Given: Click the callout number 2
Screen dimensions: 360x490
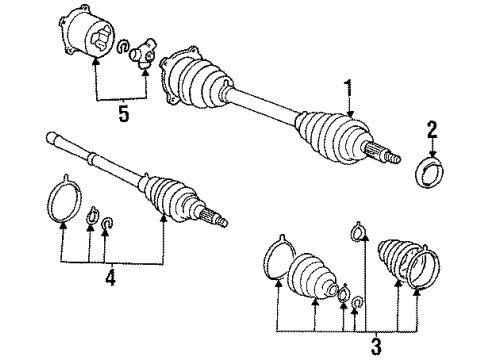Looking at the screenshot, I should pos(431,130).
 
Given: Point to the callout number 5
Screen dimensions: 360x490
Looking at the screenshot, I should pos(123,115).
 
